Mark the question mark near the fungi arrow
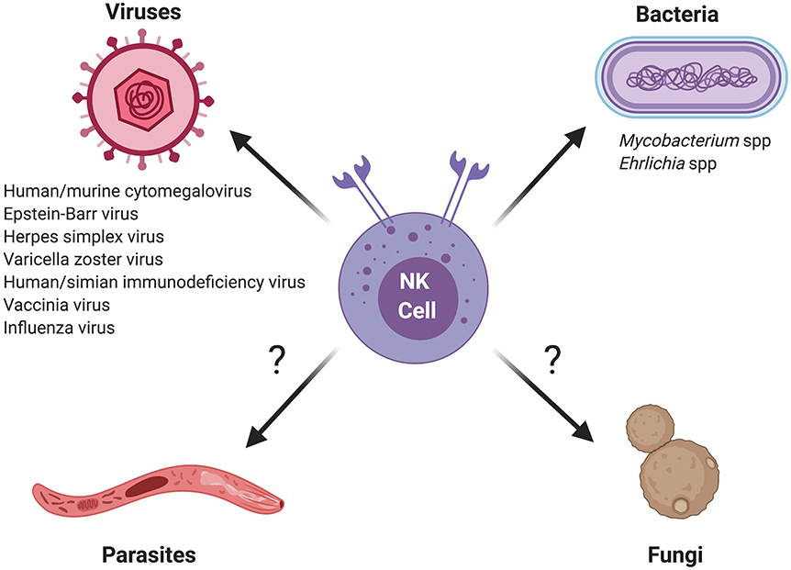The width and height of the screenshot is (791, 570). point(552,359)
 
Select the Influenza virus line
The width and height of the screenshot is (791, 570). point(60,327)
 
